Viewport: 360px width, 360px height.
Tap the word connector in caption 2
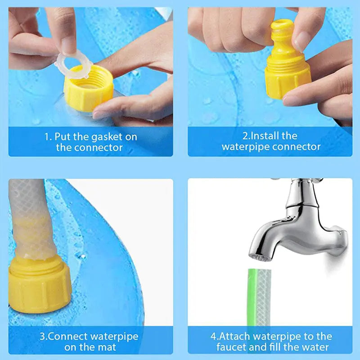coord(299,147)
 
